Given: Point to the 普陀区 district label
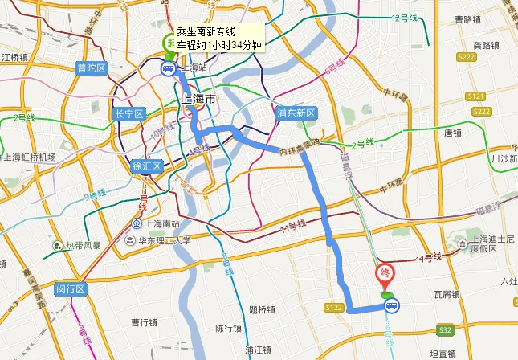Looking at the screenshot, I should point(91,68).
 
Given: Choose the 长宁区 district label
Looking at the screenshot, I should point(128,114).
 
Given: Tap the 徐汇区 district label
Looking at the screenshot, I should point(147,166).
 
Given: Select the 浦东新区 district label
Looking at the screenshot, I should point(296,112).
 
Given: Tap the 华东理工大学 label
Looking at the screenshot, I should point(163,239).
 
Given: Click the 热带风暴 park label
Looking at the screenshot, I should point(83,245).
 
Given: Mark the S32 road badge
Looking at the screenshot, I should point(446,329).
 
